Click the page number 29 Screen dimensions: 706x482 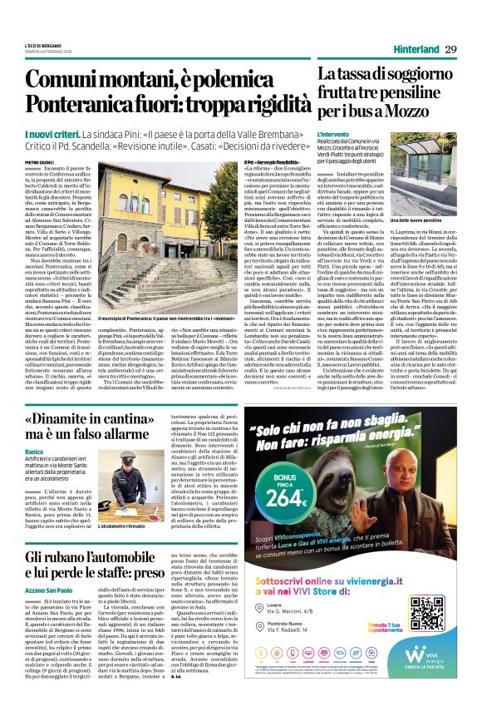click(450, 49)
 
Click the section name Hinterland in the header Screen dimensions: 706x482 click(412, 49)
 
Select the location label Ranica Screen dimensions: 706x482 click(35, 452)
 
